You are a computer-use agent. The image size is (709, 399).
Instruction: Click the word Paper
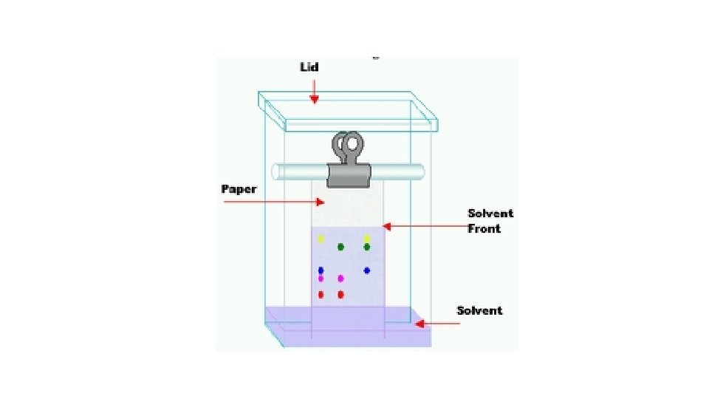[x=239, y=189]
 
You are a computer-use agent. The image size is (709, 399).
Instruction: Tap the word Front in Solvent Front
[x=484, y=229]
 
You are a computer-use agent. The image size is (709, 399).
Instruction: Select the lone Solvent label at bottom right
[x=479, y=310]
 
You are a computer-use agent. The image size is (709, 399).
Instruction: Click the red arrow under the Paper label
[x=273, y=202]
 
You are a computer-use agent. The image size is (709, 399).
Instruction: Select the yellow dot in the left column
[x=321, y=239]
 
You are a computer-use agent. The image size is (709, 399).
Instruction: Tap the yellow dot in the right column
[x=366, y=238]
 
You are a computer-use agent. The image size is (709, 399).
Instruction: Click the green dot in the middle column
[x=340, y=247]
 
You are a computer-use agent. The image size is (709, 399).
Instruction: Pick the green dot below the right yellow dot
[x=366, y=247]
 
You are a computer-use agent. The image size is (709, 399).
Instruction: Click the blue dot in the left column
[x=321, y=270]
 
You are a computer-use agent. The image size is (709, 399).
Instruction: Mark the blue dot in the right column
[x=366, y=270]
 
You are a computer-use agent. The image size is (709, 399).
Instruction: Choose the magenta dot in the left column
[x=321, y=279]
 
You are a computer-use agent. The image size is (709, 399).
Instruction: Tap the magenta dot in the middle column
[x=340, y=279]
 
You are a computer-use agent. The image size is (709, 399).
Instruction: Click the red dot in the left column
[x=321, y=295]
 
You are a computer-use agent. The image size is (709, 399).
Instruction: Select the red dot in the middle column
[x=340, y=295]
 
